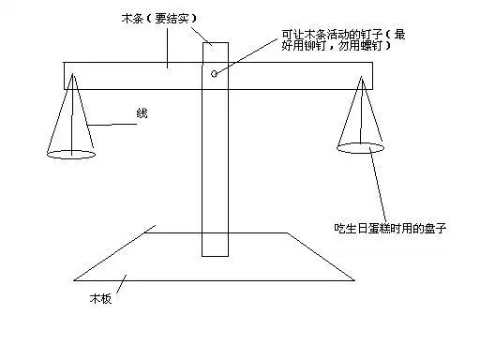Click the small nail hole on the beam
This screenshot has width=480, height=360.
click(215, 73)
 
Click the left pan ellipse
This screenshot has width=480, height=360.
click(71, 151)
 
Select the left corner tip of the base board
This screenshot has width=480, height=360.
click(75, 279)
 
